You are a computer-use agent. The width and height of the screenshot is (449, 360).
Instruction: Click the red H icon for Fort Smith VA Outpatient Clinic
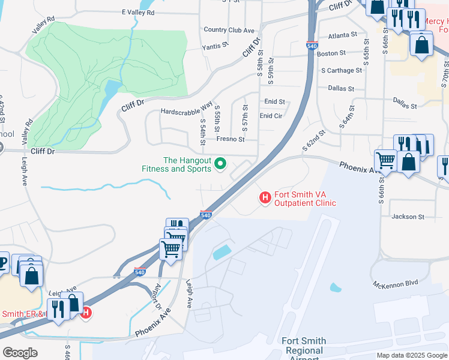[x=264, y=197]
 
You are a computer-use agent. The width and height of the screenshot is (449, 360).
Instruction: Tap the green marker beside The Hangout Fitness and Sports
[x=220, y=163]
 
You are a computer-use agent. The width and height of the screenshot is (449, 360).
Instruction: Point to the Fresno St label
[x=231, y=139]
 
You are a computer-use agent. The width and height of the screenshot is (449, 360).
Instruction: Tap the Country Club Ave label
[x=229, y=30]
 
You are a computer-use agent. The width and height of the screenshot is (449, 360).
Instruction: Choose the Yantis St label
[x=215, y=45]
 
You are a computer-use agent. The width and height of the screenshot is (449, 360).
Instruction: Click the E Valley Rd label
[x=137, y=12]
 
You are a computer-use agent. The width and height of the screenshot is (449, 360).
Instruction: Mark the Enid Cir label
[x=271, y=115]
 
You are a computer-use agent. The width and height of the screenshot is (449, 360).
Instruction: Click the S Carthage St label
[x=342, y=70]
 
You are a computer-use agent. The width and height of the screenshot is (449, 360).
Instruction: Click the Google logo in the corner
[x=20, y=353]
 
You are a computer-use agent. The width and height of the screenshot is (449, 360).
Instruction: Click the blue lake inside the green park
[x=112, y=89]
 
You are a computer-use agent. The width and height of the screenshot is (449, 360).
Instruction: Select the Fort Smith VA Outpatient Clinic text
[x=305, y=199]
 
